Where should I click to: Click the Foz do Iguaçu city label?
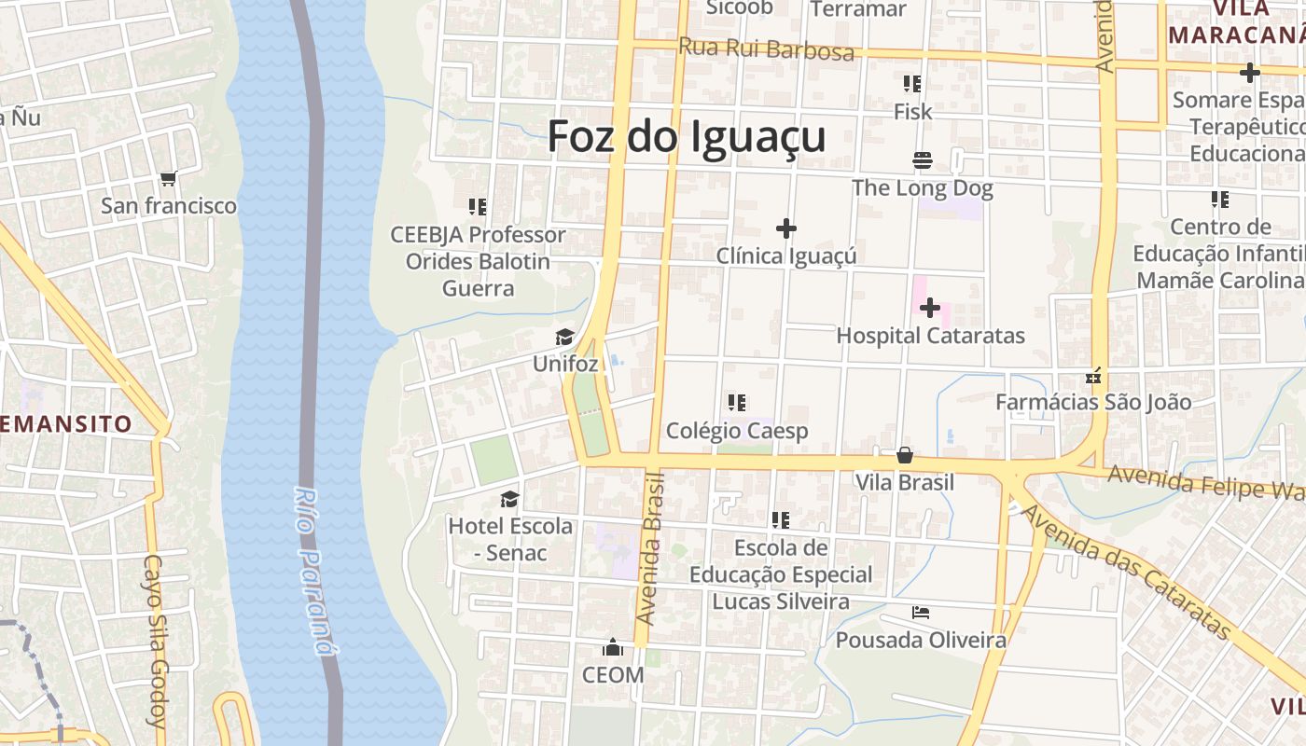(687, 136)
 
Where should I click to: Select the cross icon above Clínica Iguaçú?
(786, 228)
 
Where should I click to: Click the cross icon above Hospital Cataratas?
(929, 308)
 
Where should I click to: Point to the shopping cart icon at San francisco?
(168, 178)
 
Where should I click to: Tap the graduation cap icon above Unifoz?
(564, 337)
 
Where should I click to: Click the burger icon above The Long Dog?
(923, 160)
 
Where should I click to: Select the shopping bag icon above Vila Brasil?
(904, 455)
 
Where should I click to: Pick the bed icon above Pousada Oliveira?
(921, 613)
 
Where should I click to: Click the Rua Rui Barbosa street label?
(766, 48)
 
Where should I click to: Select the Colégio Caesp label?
(737, 431)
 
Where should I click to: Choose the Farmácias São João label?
(1093, 402)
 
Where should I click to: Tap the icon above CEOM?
(613, 647)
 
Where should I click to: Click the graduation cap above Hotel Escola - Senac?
(509, 499)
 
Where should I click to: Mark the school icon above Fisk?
(912, 84)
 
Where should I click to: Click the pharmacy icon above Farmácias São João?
(1093, 377)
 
